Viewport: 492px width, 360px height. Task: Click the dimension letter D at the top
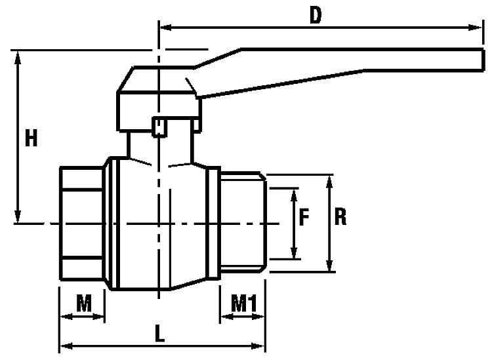point(316,15)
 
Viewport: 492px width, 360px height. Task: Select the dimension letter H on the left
point(31,138)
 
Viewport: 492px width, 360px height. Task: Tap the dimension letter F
point(304,217)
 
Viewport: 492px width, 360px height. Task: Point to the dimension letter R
point(340,217)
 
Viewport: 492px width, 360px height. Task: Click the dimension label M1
point(244,303)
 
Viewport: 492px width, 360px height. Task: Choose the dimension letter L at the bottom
point(159,333)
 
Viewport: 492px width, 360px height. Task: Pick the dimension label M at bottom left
point(84,303)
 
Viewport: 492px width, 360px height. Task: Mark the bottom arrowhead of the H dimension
point(18,216)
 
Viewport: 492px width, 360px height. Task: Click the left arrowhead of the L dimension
point(66,346)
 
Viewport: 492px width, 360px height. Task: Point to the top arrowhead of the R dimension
point(329,182)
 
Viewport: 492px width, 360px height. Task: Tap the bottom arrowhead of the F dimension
point(294,252)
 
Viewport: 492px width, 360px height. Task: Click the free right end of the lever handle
point(482,60)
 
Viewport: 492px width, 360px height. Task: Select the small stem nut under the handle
point(159,127)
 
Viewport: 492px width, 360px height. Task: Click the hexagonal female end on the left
point(82,223)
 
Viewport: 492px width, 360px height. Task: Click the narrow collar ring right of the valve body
point(213,222)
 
